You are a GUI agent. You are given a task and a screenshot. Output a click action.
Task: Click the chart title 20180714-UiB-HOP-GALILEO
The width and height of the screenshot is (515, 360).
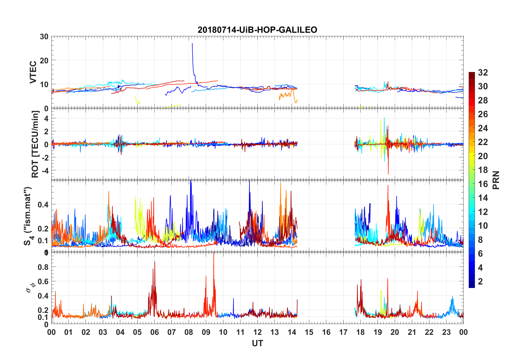tap(257, 30)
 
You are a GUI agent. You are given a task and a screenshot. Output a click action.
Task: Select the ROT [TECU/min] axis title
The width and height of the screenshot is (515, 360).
tap(35, 144)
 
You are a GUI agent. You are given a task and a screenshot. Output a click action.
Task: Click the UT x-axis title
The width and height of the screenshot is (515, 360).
tap(257, 343)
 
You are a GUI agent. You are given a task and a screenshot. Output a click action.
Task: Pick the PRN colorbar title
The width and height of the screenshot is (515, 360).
tap(496, 180)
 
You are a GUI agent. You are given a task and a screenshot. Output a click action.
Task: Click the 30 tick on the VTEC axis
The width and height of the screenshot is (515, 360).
tap(44, 37)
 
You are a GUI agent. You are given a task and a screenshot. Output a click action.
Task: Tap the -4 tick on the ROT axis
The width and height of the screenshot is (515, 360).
tap(46, 170)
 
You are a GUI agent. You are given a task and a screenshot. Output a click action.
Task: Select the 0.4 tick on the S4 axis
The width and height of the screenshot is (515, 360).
tap(43, 205)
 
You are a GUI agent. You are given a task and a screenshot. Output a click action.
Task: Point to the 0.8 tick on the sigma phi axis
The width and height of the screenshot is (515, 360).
tap(43, 267)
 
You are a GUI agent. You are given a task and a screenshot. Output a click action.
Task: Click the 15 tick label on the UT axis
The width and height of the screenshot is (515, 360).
tap(309, 332)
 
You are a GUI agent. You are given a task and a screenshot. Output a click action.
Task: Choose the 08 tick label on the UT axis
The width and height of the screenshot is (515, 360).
tap(189, 332)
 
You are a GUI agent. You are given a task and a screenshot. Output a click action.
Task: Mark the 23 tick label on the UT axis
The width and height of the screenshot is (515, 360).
tap(446, 332)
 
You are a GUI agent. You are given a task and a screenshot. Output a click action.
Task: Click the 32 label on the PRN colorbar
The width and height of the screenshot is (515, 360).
tap(483, 73)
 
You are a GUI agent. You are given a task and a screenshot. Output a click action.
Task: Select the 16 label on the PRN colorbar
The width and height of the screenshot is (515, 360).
tap(483, 184)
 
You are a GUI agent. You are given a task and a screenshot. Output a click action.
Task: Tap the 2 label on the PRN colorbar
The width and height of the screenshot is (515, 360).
tap(480, 282)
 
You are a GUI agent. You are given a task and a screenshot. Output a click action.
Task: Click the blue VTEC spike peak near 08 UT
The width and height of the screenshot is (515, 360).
tap(192, 43)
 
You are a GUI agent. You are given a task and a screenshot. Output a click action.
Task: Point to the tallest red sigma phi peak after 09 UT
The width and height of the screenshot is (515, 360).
tap(214, 254)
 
